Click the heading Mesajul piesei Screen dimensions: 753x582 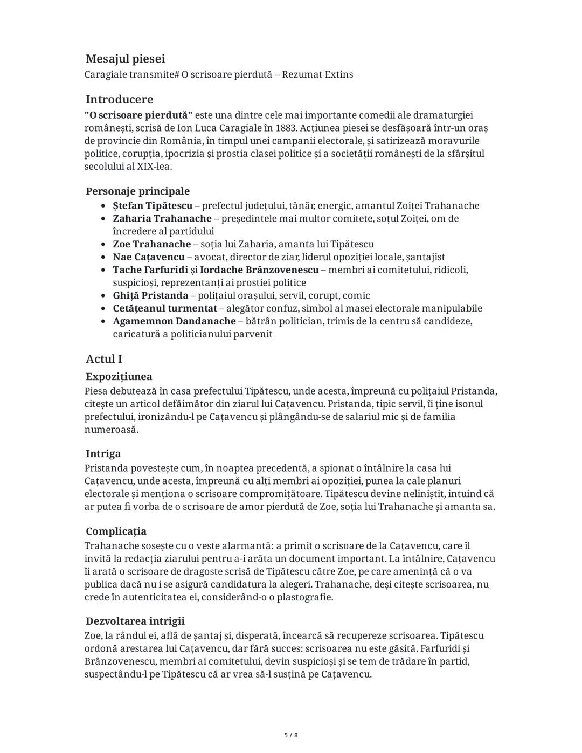(x=125, y=59)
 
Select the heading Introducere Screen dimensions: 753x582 (x=119, y=100)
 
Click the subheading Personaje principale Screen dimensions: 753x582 (x=137, y=191)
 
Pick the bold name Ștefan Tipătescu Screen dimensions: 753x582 (x=153, y=206)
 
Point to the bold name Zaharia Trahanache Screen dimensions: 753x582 (x=162, y=218)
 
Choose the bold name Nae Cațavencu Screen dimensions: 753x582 (x=148, y=257)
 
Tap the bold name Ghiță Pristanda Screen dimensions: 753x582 (x=150, y=295)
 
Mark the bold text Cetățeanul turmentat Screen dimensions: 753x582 (x=165, y=308)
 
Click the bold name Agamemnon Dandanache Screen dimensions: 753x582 (x=174, y=321)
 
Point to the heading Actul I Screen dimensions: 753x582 (x=104, y=359)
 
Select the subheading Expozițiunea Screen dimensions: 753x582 (x=119, y=377)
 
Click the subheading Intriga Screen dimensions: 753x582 (x=103, y=454)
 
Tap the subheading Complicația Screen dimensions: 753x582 (x=116, y=531)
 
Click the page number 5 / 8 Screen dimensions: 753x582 (x=291, y=735)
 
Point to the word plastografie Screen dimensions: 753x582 (x=304, y=597)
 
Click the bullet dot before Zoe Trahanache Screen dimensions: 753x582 (x=103, y=245)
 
